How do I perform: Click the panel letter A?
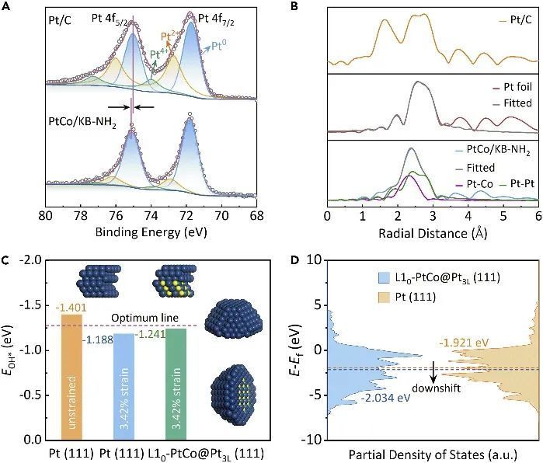(6, 6)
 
